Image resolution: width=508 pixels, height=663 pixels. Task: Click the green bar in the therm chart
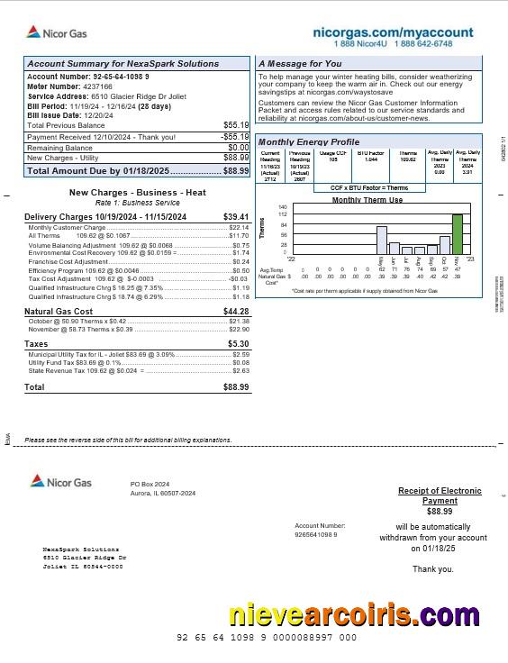pyautogui.click(x=458, y=233)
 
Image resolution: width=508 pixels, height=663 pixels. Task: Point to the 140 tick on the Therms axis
pyautogui.click(x=283, y=207)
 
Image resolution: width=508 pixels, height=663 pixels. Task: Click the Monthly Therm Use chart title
pyautogui.click(x=367, y=199)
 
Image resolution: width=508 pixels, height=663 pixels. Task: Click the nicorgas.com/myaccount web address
pyautogui.click(x=393, y=32)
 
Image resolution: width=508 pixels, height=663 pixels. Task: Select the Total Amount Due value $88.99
pyautogui.click(x=236, y=170)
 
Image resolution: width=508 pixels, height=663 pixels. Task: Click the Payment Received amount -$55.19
pyautogui.click(x=235, y=137)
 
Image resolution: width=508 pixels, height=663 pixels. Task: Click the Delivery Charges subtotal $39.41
pyautogui.click(x=236, y=217)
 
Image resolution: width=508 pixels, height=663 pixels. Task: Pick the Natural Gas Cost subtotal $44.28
pyautogui.click(x=236, y=311)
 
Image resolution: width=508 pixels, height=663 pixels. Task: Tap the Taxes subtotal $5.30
pyautogui.click(x=239, y=344)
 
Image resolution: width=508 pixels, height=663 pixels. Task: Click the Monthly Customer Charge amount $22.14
pyautogui.click(x=239, y=228)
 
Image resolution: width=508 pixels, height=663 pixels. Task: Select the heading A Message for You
pyautogui.click(x=300, y=64)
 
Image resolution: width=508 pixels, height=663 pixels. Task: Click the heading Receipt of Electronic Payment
pyautogui.click(x=440, y=495)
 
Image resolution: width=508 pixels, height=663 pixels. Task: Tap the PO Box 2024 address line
pyautogui.click(x=150, y=484)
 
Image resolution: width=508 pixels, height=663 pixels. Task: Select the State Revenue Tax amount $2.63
pyautogui.click(x=240, y=370)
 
